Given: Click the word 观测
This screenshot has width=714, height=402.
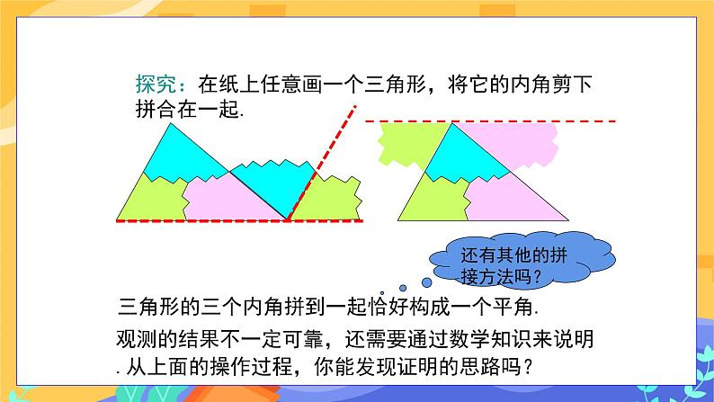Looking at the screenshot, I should [135, 338].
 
